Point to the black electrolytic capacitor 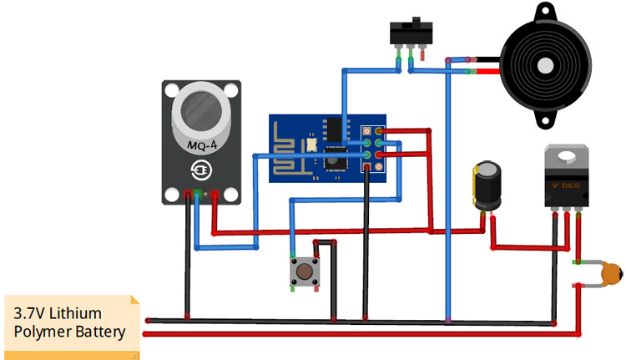pyautogui.click(x=487, y=186)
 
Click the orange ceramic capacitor pyautogui.click(x=612, y=273)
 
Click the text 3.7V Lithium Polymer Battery pyautogui.click(x=68, y=323)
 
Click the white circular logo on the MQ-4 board pyautogui.click(x=201, y=171)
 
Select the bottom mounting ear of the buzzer pyautogui.click(x=543, y=122)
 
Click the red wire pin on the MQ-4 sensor pyautogui.click(x=215, y=196)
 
